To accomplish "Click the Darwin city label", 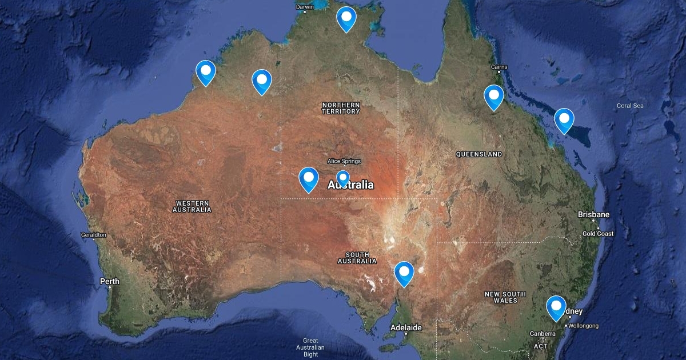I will point(305,7).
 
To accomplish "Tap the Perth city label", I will point(109,281).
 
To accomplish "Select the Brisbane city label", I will point(593,215).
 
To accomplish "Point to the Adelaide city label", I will point(406,328).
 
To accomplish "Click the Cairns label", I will point(498,67).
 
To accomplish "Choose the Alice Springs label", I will point(344,161).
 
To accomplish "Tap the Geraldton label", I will point(94,235).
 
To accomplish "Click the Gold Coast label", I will point(597,234).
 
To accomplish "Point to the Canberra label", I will point(543,334).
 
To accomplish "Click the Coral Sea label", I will point(630,106).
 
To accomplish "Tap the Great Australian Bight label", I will point(310,347).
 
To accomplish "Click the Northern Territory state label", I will point(341,108).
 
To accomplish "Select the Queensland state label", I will point(479,154).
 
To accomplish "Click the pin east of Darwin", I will point(346,18).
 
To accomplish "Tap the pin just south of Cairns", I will point(493,96).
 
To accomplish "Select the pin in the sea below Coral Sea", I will point(564,119).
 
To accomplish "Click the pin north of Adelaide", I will point(404,273).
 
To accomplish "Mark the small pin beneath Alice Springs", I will point(342,178).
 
